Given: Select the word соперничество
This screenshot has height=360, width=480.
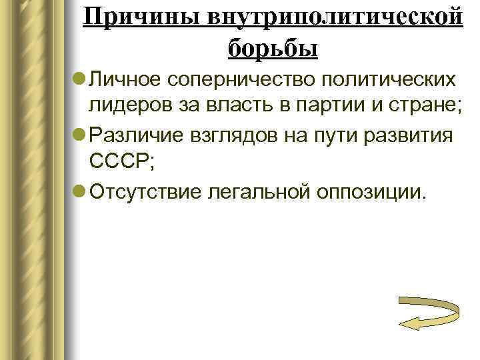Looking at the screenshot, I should (x=241, y=81).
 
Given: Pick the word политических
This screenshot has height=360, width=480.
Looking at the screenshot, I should (x=390, y=81).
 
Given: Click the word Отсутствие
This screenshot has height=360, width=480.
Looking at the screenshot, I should (x=146, y=193).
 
